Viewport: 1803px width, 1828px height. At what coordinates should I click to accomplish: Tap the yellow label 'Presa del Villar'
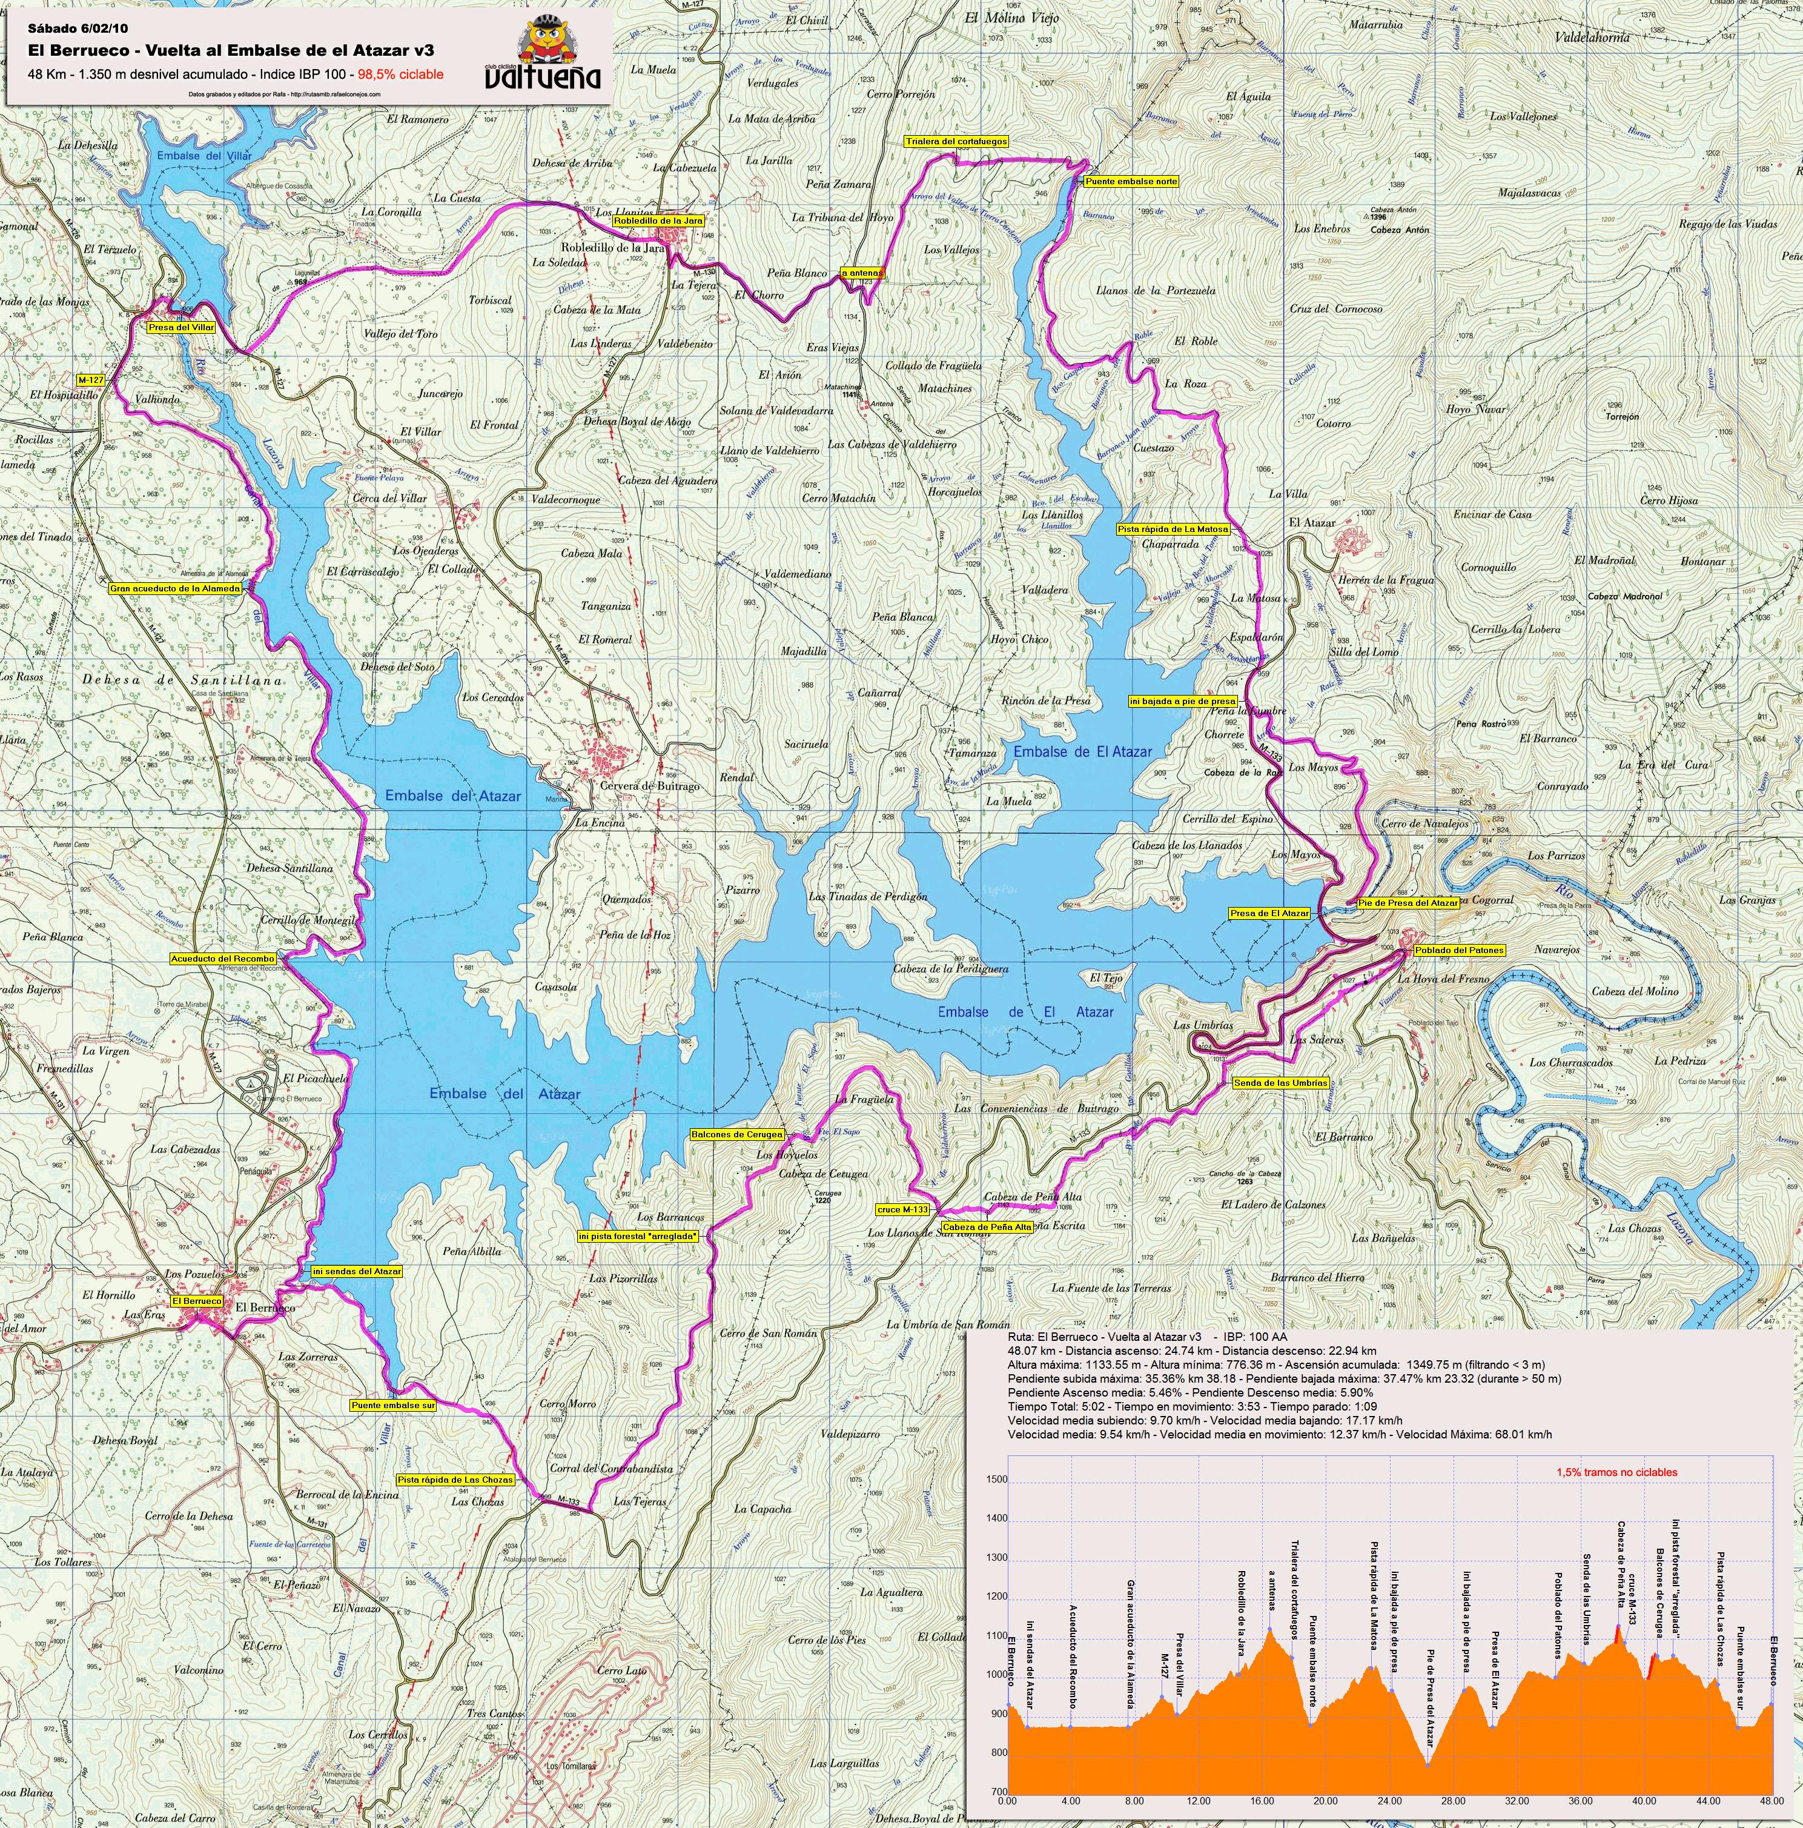[x=182, y=327]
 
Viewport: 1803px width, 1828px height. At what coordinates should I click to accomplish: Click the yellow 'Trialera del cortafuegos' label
[x=956, y=141]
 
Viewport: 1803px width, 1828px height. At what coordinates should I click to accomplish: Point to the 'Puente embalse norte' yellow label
[x=1131, y=181]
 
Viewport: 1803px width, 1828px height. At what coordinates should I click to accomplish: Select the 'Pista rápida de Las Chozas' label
[x=456, y=1479]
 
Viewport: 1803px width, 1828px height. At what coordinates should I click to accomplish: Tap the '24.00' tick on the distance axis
[x=1389, y=1801]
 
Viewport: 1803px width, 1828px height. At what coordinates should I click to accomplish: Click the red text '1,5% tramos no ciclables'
[x=1616, y=1472]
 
